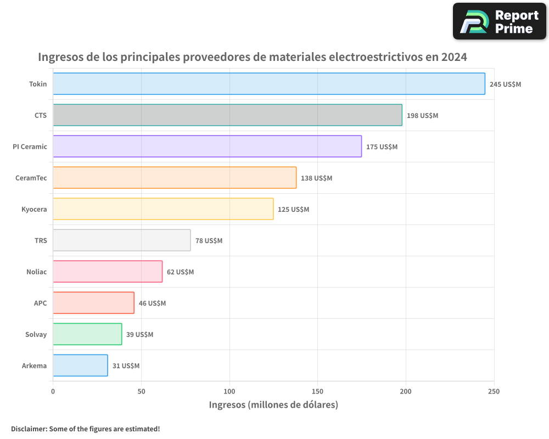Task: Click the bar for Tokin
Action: point(269,84)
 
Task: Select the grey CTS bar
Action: point(227,115)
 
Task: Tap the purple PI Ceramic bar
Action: point(207,147)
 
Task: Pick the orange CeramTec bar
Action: point(175,178)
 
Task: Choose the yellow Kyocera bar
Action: point(163,209)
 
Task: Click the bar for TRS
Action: point(122,240)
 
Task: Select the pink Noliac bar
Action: point(108,272)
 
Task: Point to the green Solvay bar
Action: point(87,334)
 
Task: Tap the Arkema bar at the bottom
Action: point(80,365)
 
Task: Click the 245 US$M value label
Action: point(505,85)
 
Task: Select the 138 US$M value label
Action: point(316,178)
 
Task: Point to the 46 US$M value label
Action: point(152,303)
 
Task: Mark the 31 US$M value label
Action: point(126,366)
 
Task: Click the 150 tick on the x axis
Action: point(317,391)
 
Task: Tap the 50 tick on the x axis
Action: point(141,391)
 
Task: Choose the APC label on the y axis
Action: point(40,303)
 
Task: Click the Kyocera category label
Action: point(34,209)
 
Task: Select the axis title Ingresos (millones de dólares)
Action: point(273,405)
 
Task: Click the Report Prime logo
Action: point(499,21)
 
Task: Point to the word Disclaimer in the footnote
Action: point(28,429)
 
